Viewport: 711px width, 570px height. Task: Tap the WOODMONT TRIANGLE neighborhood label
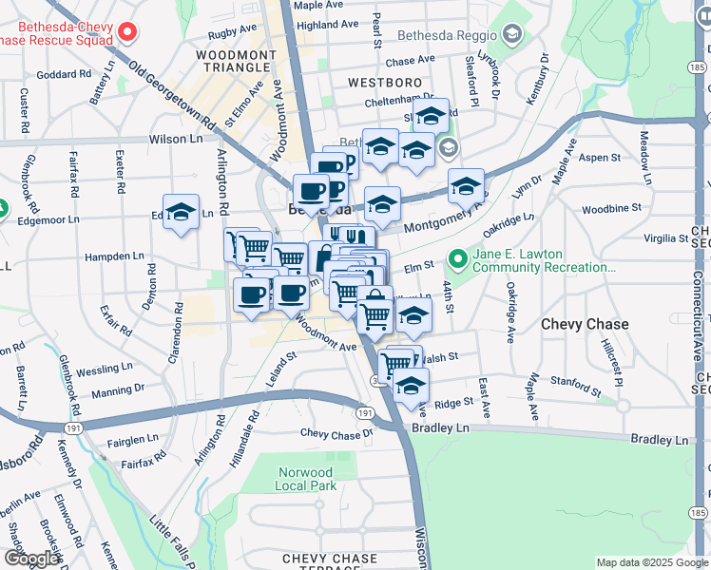tap(236, 63)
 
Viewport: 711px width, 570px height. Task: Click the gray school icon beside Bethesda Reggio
tap(513, 35)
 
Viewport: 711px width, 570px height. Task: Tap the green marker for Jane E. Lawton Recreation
tap(458, 257)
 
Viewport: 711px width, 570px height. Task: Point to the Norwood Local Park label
tap(306, 479)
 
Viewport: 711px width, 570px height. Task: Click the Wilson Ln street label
tap(176, 139)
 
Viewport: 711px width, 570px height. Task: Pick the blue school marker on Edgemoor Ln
tap(180, 213)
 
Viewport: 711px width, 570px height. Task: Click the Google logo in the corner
tap(31, 559)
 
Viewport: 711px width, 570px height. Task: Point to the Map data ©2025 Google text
tap(652, 562)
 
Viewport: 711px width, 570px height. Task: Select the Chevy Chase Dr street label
tap(337, 433)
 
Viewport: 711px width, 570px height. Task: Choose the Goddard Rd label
tap(64, 74)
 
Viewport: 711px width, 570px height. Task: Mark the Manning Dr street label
tap(119, 389)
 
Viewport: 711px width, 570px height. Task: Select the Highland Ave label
tap(326, 25)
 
